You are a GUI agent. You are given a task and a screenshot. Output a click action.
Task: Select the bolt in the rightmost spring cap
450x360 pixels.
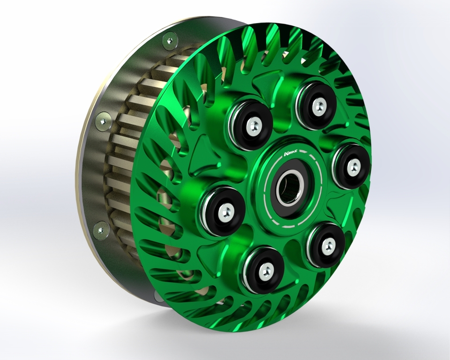click(353, 165)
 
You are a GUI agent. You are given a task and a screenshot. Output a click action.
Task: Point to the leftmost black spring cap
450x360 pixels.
click(224, 211)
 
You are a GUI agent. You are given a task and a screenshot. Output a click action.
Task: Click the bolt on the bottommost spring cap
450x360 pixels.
click(265, 271)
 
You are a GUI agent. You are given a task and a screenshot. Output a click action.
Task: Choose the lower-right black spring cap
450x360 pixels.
click(327, 244)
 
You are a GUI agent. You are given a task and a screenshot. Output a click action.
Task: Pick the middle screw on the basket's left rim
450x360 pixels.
click(103, 121)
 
